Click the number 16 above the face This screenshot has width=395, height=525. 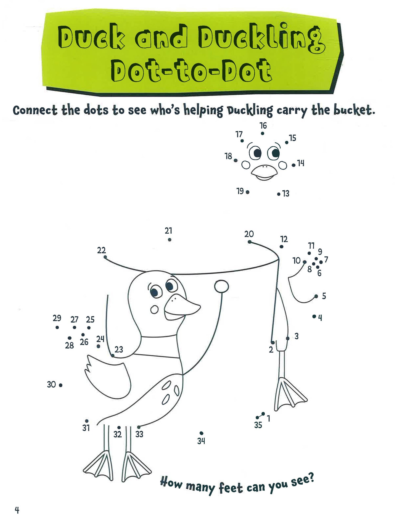(263, 126)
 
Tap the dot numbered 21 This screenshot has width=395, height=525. (170, 240)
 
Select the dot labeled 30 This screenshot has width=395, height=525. (61, 385)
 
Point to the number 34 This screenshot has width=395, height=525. (201, 441)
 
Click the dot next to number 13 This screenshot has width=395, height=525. (279, 194)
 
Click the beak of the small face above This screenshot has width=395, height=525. (264, 172)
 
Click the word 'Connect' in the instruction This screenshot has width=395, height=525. (35, 110)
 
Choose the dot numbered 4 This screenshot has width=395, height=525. (314, 316)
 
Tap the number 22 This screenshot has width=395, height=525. (101, 250)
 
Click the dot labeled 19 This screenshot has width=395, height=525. (248, 192)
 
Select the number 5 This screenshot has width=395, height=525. (324, 296)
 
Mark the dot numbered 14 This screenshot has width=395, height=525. (294, 165)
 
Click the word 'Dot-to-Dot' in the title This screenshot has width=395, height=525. (191, 70)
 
